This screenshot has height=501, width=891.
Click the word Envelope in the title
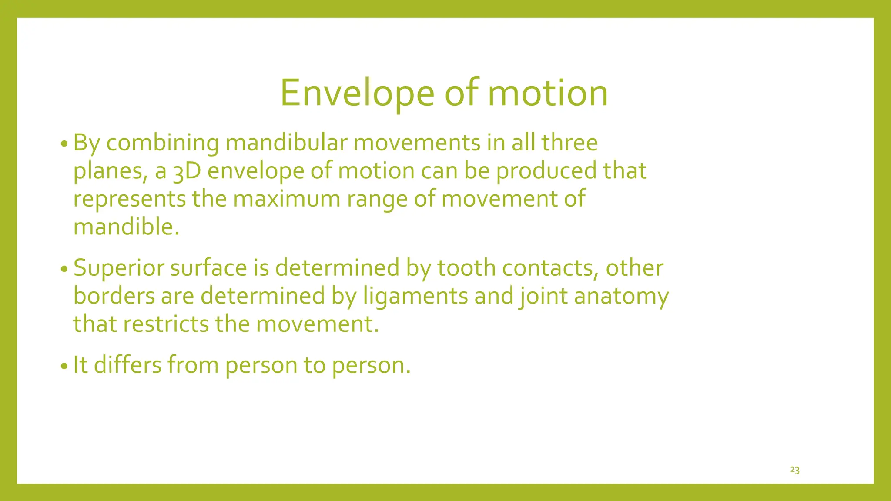(x=357, y=93)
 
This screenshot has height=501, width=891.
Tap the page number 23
(x=794, y=470)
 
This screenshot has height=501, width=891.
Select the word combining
(x=162, y=143)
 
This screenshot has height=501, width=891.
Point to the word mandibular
(x=286, y=143)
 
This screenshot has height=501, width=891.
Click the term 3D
(x=187, y=171)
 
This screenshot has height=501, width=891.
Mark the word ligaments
(x=415, y=297)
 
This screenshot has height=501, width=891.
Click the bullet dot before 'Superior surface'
(x=64, y=269)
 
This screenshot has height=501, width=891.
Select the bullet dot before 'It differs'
(x=64, y=366)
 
